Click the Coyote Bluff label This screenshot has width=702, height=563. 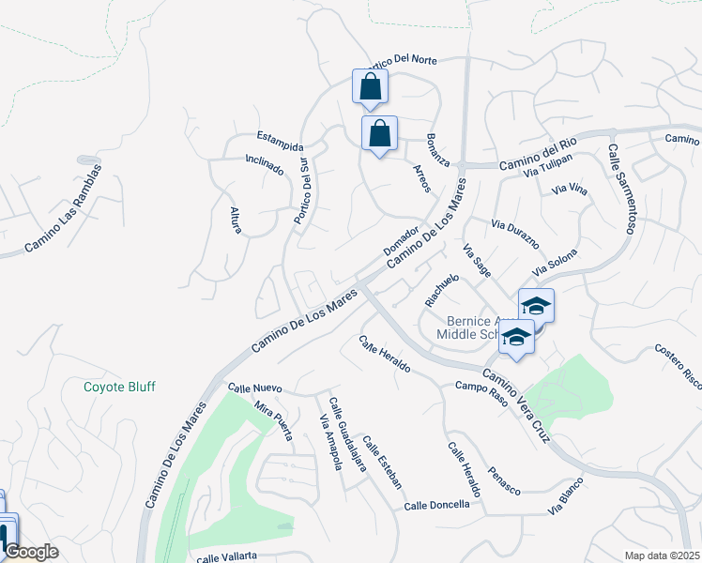[x=119, y=387]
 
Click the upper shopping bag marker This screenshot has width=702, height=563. [x=371, y=86]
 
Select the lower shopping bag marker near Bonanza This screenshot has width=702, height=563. [x=379, y=133]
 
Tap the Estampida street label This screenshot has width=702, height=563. [x=280, y=142]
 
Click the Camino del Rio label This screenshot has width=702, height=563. [x=537, y=155]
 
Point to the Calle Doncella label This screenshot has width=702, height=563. [x=436, y=505]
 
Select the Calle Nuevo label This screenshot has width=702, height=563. [x=254, y=388]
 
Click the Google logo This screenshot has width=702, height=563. [x=31, y=552]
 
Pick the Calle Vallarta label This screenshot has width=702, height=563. [x=226, y=556]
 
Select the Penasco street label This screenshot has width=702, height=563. [x=504, y=479]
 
